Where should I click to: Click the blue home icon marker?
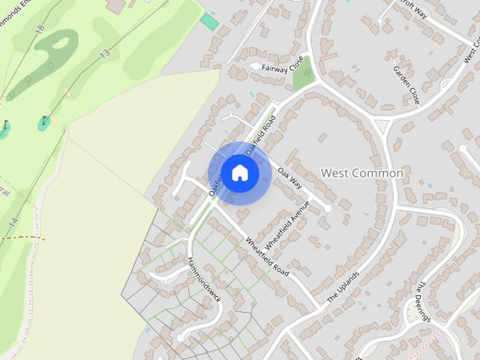point(239,172)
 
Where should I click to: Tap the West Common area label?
point(361,173)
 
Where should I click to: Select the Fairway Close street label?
point(283,65)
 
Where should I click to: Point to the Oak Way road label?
point(289,178)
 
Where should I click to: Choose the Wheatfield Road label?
point(267,256)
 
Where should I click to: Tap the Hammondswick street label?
point(204,280)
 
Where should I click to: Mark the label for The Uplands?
point(343,286)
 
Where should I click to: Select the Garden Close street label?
point(406,84)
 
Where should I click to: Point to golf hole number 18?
point(40,28)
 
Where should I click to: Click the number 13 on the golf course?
point(104,52)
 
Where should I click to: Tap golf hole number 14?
point(13,222)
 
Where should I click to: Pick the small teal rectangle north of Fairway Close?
point(210,22)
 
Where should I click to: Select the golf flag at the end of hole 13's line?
point(45,119)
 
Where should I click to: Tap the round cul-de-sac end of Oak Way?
point(327,208)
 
